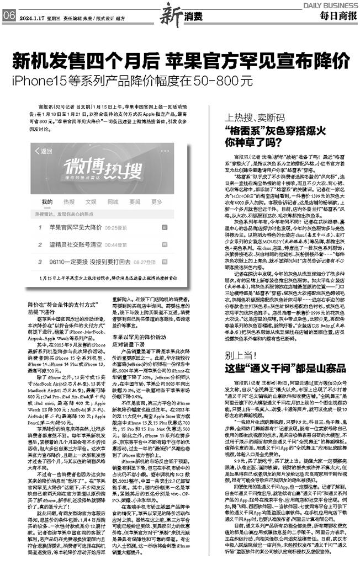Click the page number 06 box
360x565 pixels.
(x=9, y=16)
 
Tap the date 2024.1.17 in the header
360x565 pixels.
(x=33, y=17)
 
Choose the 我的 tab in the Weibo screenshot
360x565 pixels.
(x=47, y=201)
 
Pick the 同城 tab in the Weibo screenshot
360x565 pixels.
(x=112, y=201)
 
